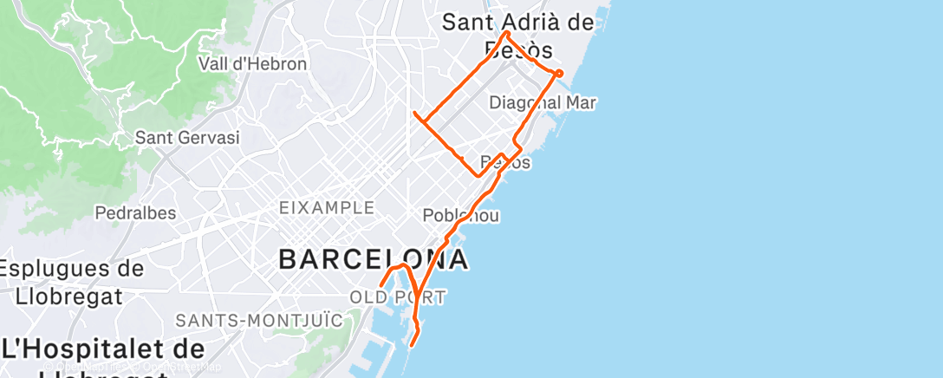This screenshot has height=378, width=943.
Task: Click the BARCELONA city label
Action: (374, 259)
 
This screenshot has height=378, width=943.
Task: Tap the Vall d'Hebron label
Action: (252, 64)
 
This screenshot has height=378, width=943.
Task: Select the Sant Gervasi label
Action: (187, 138)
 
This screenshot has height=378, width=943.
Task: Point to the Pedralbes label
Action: (135, 212)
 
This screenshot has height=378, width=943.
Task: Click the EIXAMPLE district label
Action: (326, 208)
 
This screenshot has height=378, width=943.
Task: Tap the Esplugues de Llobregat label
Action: (72, 282)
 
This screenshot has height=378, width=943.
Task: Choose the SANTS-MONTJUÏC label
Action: (247, 321)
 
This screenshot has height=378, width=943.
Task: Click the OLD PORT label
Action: (397, 298)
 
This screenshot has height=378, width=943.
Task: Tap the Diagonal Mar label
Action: (543, 103)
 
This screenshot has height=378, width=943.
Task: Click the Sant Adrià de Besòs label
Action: (518, 35)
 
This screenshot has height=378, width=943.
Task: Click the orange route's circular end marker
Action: (559, 74)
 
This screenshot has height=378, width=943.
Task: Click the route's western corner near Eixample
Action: (415, 114)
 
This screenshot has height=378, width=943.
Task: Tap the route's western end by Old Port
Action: (381, 285)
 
